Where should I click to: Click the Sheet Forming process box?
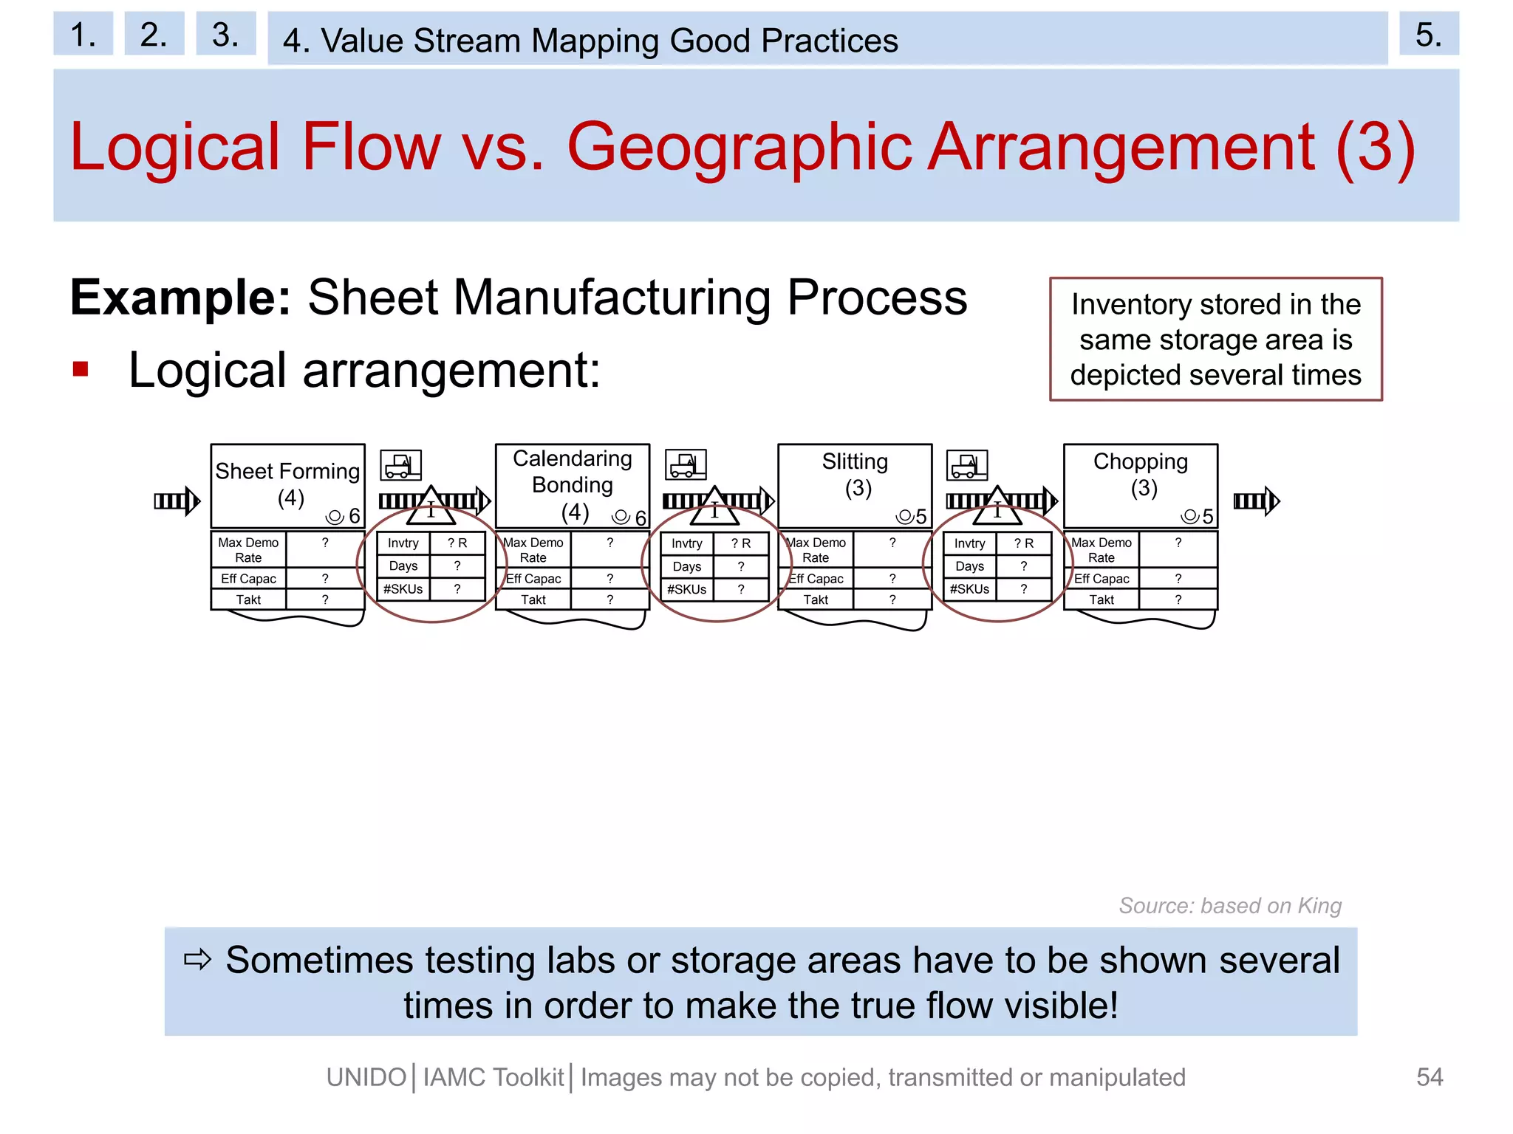287,484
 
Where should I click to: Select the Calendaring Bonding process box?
572,484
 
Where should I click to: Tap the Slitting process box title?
855,462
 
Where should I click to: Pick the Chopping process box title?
1140,462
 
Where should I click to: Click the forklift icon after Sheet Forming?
400,465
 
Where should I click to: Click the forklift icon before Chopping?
967,465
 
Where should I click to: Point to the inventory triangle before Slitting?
714,507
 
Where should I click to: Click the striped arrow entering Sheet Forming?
177,501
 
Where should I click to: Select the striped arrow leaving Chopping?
1256,501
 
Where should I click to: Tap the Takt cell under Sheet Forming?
248,599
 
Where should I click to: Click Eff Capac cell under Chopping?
1101,579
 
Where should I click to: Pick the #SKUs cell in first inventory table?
403,589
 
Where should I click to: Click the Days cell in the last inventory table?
969,566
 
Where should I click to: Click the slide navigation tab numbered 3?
225,34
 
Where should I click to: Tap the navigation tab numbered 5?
1428,34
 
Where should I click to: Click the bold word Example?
180,298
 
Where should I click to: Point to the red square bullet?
81,369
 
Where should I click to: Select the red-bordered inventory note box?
1215,340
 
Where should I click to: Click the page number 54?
1429,1077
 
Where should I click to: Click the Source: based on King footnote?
1229,906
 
